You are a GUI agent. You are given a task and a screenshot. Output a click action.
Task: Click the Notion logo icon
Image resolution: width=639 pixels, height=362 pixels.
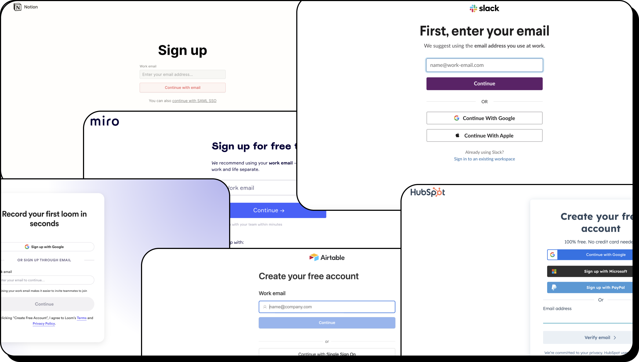(x=17, y=7)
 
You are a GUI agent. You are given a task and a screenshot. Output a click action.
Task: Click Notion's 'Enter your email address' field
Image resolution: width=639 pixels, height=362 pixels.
(x=182, y=74)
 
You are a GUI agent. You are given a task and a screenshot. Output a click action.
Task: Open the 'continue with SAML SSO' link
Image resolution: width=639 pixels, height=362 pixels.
(x=194, y=101)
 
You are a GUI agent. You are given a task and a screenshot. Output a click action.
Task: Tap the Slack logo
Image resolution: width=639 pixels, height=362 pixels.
(x=484, y=8)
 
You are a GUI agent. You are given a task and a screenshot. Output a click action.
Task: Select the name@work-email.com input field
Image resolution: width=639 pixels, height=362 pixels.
(x=484, y=65)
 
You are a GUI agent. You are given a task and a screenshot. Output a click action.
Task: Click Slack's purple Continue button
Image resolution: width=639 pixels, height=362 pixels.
(x=484, y=84)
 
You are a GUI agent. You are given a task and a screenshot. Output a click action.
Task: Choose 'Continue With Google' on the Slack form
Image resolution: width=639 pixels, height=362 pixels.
(x=484, y=118)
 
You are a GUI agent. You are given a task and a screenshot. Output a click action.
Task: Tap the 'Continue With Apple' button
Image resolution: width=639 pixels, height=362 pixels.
(x=484, y=136)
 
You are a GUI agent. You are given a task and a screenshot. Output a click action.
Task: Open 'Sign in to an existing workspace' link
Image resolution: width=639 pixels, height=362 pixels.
(x=484, y=159)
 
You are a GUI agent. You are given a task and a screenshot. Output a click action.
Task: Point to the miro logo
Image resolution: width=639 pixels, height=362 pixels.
(x=104, y=121)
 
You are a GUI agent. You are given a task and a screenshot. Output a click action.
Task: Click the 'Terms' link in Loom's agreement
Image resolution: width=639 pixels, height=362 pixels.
(x=82, y=318)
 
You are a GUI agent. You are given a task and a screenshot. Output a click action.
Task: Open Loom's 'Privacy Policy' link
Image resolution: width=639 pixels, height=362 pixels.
(x=44, y=324)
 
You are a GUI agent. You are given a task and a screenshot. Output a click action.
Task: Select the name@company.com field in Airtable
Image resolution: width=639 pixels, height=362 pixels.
(x=327, y=307)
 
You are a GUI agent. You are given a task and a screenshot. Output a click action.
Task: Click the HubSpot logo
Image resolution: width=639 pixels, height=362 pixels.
(x=427, y=192)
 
